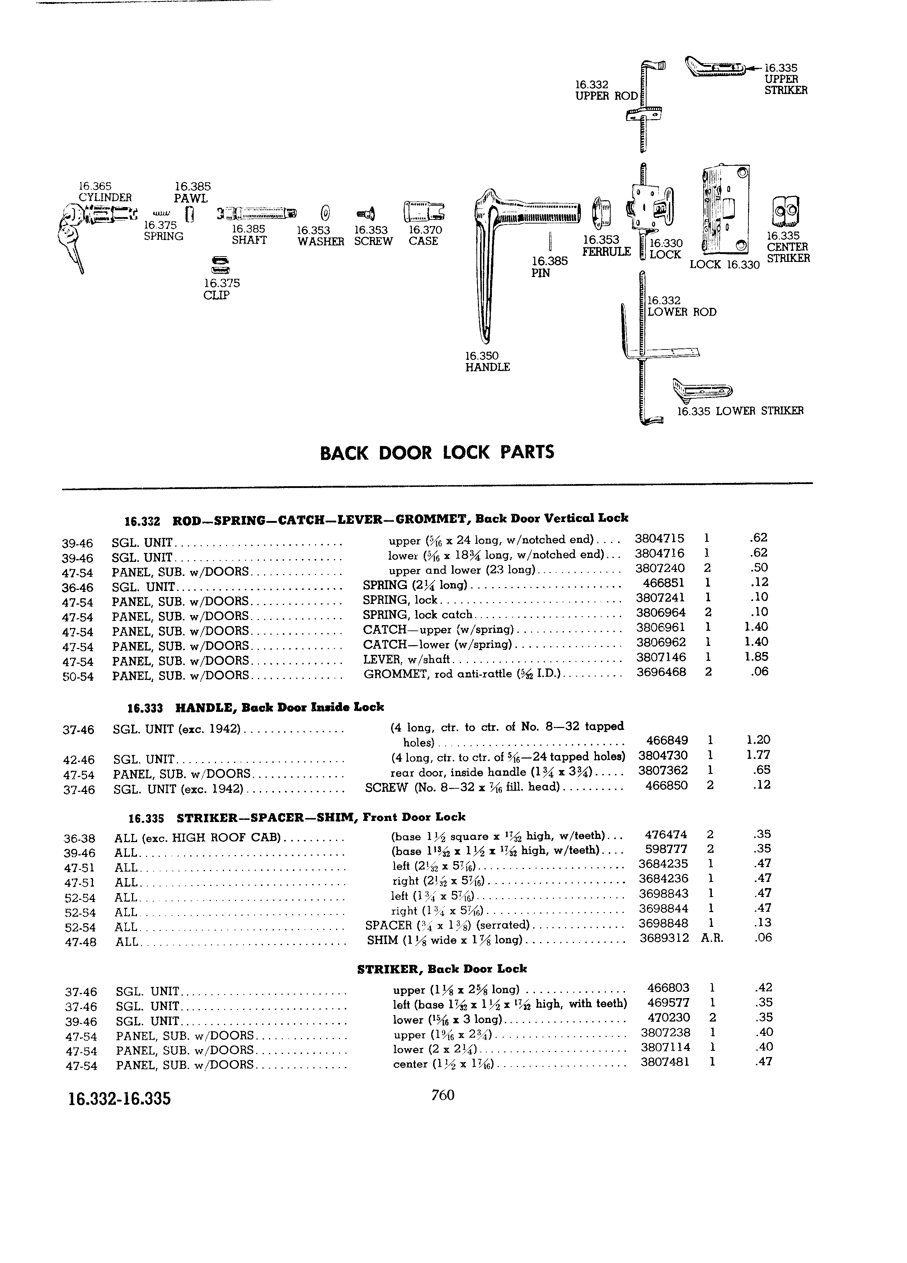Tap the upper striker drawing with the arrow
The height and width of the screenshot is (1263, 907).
[x=715, y=69]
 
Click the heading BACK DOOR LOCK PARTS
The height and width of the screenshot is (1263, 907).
[x=437, y=452]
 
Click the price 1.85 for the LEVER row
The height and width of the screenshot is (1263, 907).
[x=756, y=657]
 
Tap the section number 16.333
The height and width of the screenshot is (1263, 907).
[x=145, y=708]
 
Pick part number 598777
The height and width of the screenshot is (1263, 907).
[x=666, y=849]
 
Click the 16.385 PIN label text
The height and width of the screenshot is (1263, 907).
[x=550, y=267]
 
